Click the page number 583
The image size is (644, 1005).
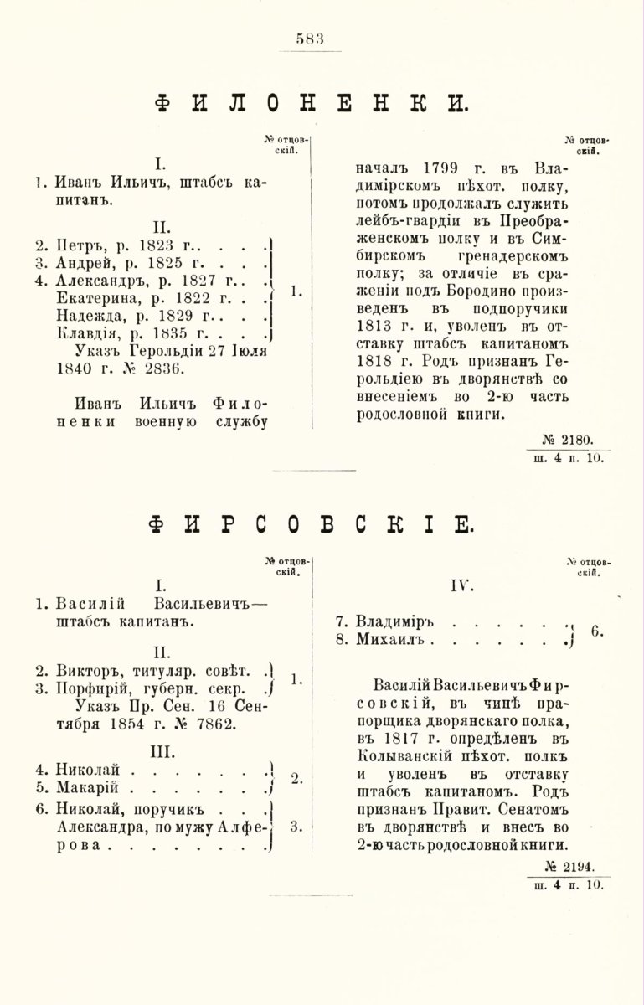click(x=310, y=38)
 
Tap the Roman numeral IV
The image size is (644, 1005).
click(x=461, y=587)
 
